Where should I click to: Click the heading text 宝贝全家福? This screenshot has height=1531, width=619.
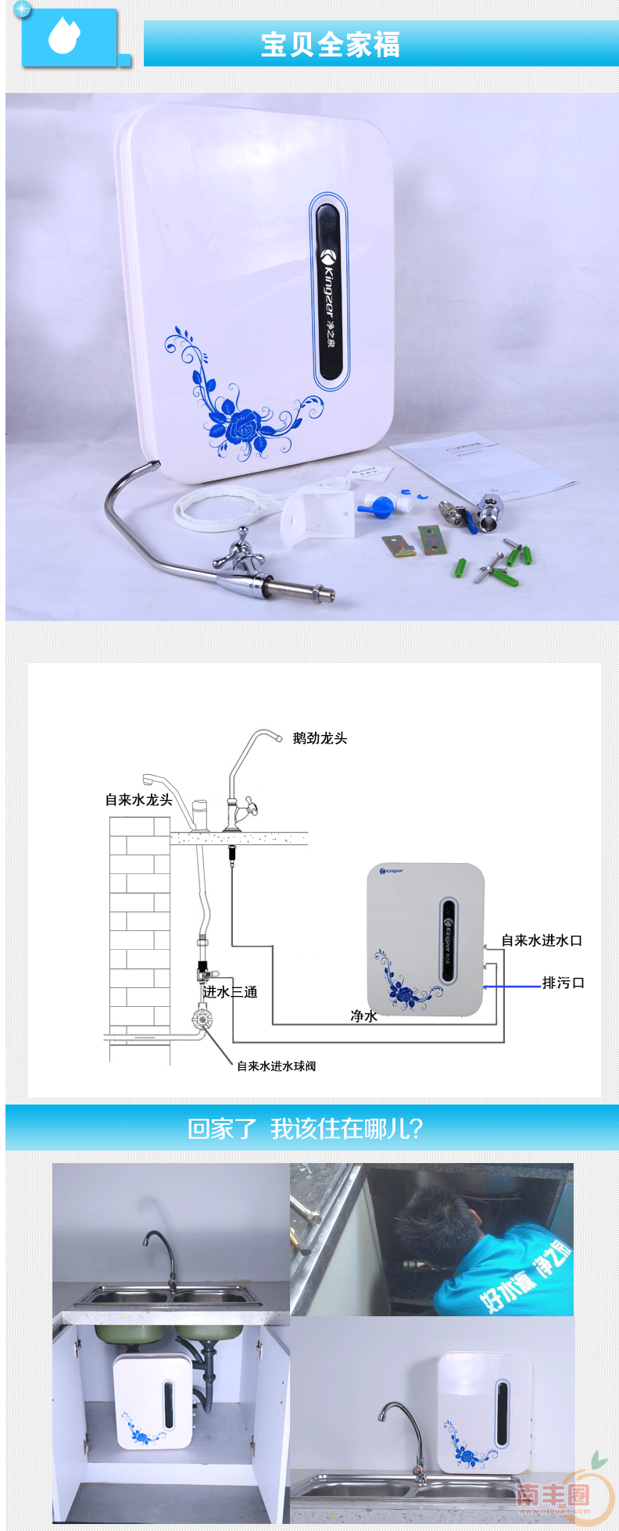click(x=330, y=45)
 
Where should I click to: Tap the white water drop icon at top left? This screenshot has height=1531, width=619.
click(x=64, y=36)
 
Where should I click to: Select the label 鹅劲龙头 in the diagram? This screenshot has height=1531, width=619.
click(x=320, y=738)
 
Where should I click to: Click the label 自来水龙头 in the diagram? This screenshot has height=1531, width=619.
click(x=138, y=800)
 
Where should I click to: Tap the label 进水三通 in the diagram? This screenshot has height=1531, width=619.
click(x=230, y=992)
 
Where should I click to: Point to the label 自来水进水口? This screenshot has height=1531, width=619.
click(x=542, y=940)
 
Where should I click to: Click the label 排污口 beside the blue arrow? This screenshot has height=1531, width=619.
click(x=564, y=983)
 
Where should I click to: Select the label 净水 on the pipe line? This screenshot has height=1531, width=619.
click(x=363, y=1016)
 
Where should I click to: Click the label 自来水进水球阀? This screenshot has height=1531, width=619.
click(x=276, y=1066)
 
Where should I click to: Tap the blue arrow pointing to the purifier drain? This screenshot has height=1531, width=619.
click(x=512, y=987)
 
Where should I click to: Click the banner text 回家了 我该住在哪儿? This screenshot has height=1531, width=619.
click(x=305, y=1129)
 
